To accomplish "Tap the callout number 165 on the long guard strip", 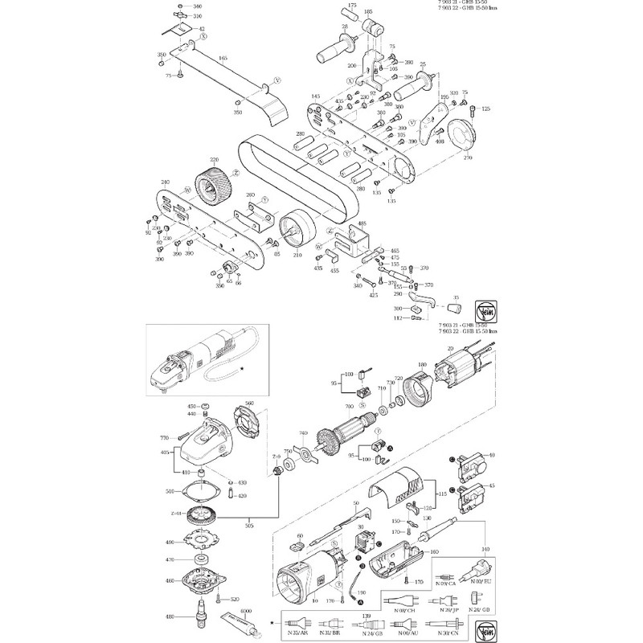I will [223, 58].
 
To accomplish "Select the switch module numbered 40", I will [470, 461].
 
